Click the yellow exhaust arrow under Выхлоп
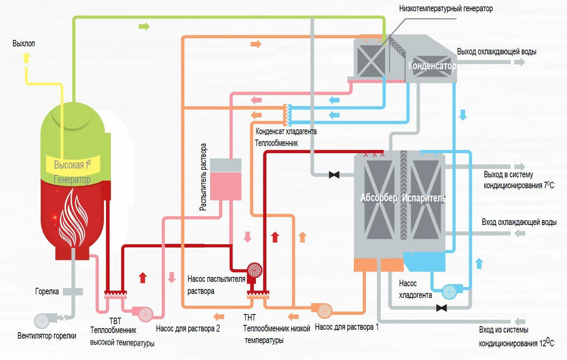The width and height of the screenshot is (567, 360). [26, 58]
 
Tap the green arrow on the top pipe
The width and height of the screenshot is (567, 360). [144, 27]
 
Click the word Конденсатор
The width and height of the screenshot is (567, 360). [432, 66]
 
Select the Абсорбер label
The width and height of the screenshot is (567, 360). [378, 198]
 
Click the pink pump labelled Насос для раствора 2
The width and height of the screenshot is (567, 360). [144, 313]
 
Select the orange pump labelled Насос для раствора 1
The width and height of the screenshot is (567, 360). [324, 311]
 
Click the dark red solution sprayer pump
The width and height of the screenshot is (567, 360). [254, 270]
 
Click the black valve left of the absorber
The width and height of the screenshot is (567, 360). [334, 175]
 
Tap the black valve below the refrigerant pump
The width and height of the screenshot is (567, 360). [441, 308]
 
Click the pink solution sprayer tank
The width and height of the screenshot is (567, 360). [226, 180]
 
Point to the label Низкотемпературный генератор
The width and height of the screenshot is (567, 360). [446, 8]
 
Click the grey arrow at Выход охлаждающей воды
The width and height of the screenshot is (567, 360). [519, 62]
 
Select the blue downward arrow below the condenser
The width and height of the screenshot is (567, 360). [463, 114]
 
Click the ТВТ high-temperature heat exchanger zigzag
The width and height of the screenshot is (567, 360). [115, 295]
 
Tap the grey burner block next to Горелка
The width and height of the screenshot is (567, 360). [73, 291]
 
